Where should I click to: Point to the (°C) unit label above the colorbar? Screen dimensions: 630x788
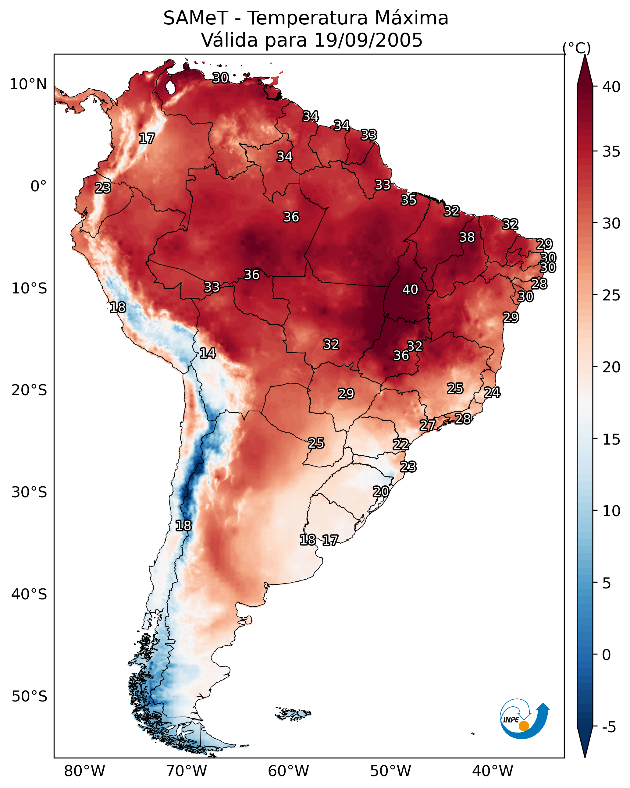577,48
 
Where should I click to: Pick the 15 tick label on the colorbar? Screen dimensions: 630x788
611,440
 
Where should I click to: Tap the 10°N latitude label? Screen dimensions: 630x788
28,84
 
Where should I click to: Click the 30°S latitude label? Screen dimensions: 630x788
29,492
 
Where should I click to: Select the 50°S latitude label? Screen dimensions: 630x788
29,697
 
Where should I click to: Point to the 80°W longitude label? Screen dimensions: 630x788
84,771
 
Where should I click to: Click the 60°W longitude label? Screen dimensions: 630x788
289,771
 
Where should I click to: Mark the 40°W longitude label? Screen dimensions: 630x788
493,771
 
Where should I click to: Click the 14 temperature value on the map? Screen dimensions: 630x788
208,353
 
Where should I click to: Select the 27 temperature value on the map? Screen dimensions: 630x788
427,425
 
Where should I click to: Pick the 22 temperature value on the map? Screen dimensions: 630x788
401,445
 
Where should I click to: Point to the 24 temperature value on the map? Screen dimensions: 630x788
492,392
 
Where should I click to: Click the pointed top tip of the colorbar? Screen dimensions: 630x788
585,55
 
